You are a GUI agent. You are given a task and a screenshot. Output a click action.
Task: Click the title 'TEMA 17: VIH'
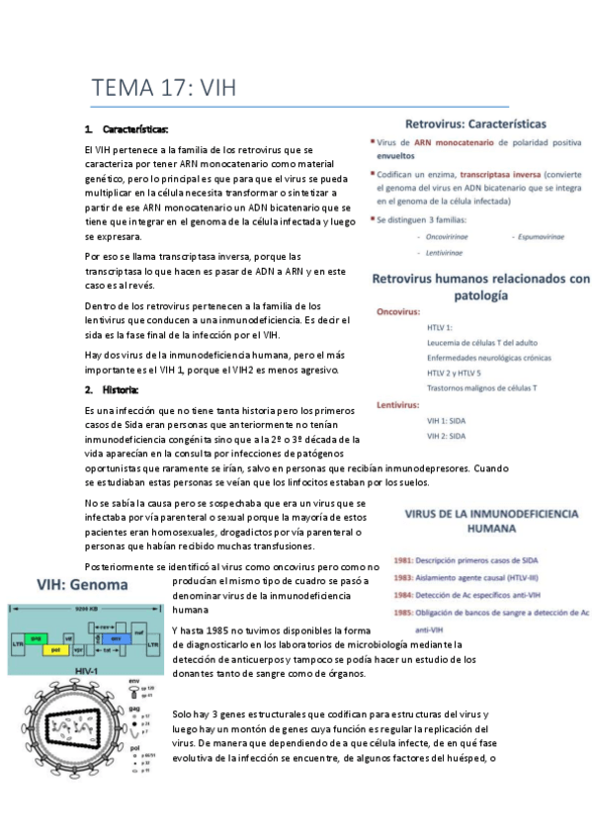pyautogui.click(x=164, y=86)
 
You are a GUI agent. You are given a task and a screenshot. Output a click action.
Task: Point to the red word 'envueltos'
pyautogui.click(x=395, y=155)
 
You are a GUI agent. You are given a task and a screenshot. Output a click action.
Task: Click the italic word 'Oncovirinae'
pyautogui.click(x=447, y=237)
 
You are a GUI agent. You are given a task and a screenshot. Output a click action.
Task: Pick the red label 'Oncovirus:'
pyautogui.click(x=400, y=311)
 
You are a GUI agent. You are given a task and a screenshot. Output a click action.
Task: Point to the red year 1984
pyautogui.click(x=402, y=595)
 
